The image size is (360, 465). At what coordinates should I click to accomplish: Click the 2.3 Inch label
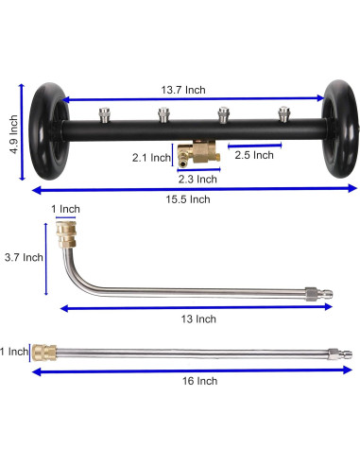coord(198,179)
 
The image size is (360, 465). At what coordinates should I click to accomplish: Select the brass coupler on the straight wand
coord(44,352)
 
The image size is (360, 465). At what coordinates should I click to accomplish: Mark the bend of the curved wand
coord(72,289)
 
